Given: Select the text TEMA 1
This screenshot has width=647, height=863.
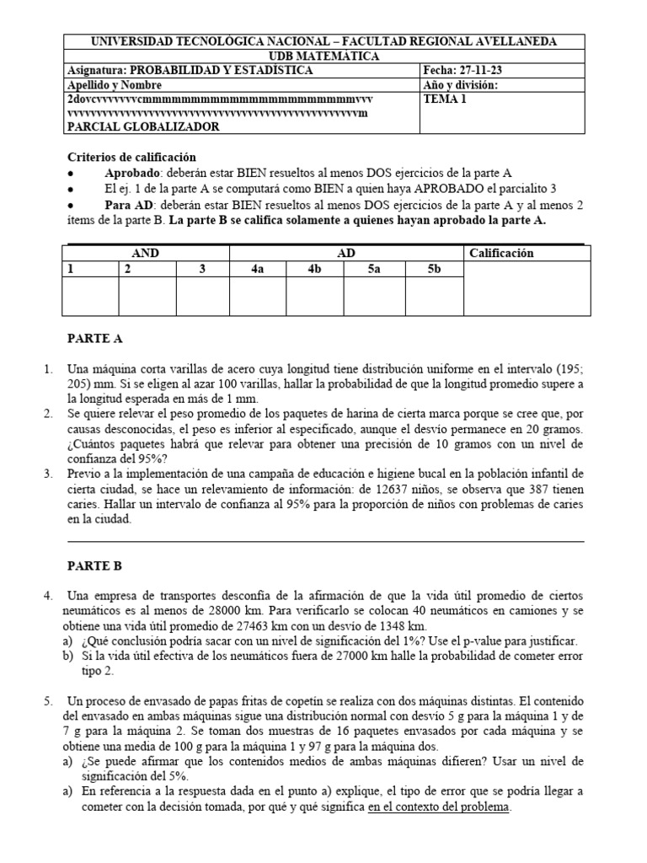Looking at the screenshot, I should click(444, 99).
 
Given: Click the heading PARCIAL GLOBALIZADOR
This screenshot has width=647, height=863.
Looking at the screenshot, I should click(142, 126).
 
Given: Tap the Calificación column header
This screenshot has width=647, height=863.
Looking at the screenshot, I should click(500, 253).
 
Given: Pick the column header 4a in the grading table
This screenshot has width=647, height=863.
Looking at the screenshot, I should click(258, 269).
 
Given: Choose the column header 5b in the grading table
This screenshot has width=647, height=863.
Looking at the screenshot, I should click(434, 269).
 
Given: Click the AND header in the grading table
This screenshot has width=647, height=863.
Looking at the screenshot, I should click(146, 253).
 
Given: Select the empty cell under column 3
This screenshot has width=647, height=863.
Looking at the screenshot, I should click(202, 296).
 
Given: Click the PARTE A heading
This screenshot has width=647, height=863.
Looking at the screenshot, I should click(94, 339).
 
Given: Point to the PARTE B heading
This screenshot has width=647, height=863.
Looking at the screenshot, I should click(94, 566).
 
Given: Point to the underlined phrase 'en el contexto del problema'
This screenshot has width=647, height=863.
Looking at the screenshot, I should click(438, 807).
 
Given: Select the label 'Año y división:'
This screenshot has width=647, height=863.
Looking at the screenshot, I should click(459, 84).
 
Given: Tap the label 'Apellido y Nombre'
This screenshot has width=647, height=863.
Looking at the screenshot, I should click(114, 85).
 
